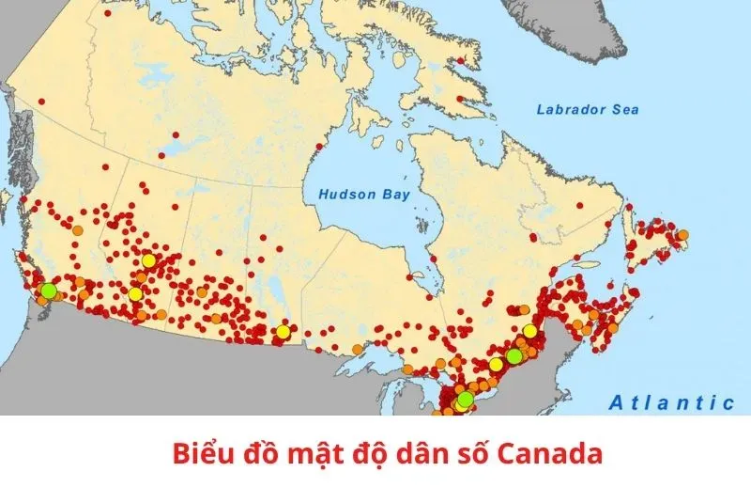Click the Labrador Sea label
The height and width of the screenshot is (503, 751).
point(587,110)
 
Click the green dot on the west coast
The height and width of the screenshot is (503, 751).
point(48,290)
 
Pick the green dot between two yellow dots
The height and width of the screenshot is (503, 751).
point(513,355)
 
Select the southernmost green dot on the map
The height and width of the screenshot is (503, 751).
point(465,399)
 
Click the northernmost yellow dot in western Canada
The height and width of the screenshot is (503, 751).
point(148,260)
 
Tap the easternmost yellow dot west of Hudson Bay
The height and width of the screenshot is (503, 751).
point(283,331)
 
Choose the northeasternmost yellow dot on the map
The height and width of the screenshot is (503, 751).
point(530,331)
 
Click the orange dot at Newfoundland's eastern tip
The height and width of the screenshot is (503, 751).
point(682,235)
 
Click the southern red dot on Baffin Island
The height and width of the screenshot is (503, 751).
point(459,98)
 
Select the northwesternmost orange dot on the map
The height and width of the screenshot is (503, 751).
point(78,228)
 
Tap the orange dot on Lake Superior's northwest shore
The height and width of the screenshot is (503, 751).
point(358,349)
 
